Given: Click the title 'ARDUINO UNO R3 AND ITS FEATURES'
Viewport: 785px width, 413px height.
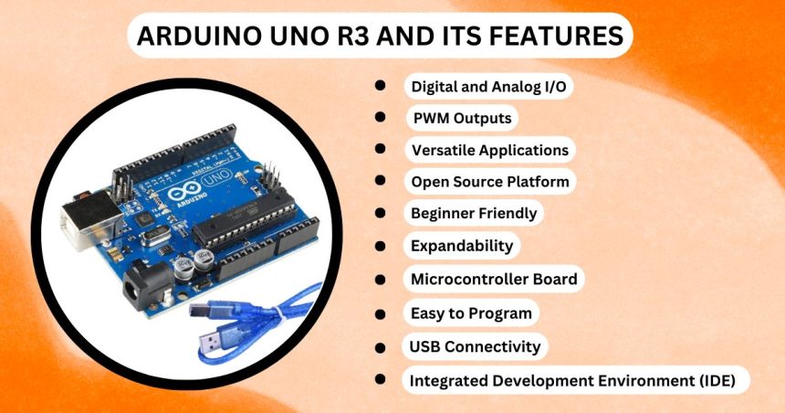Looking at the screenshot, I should [379, 37].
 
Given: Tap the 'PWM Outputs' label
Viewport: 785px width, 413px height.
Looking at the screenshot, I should [462, 119].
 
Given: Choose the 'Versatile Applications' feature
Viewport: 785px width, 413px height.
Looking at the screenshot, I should [489, 150].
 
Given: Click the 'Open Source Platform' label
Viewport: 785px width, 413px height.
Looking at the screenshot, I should [489, 182].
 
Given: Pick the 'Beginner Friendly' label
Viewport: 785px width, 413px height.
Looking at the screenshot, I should [474, 214].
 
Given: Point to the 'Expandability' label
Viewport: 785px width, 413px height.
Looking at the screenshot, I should [462, 246].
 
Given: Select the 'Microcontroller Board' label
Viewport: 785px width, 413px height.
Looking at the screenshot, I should [494, 279].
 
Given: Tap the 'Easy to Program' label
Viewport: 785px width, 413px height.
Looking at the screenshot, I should [471, 312].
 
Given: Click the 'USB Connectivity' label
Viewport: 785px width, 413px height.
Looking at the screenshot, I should [475, 346].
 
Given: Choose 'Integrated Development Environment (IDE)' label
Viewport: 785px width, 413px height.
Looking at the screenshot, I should [573, 380].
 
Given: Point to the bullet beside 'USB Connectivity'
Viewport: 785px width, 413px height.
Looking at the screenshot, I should [380, 347].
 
